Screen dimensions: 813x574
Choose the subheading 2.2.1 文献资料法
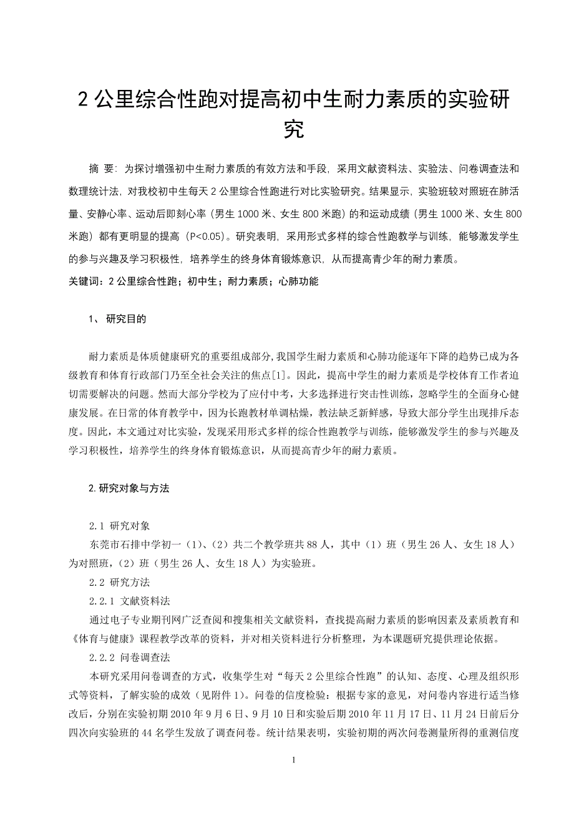point(130,601)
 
